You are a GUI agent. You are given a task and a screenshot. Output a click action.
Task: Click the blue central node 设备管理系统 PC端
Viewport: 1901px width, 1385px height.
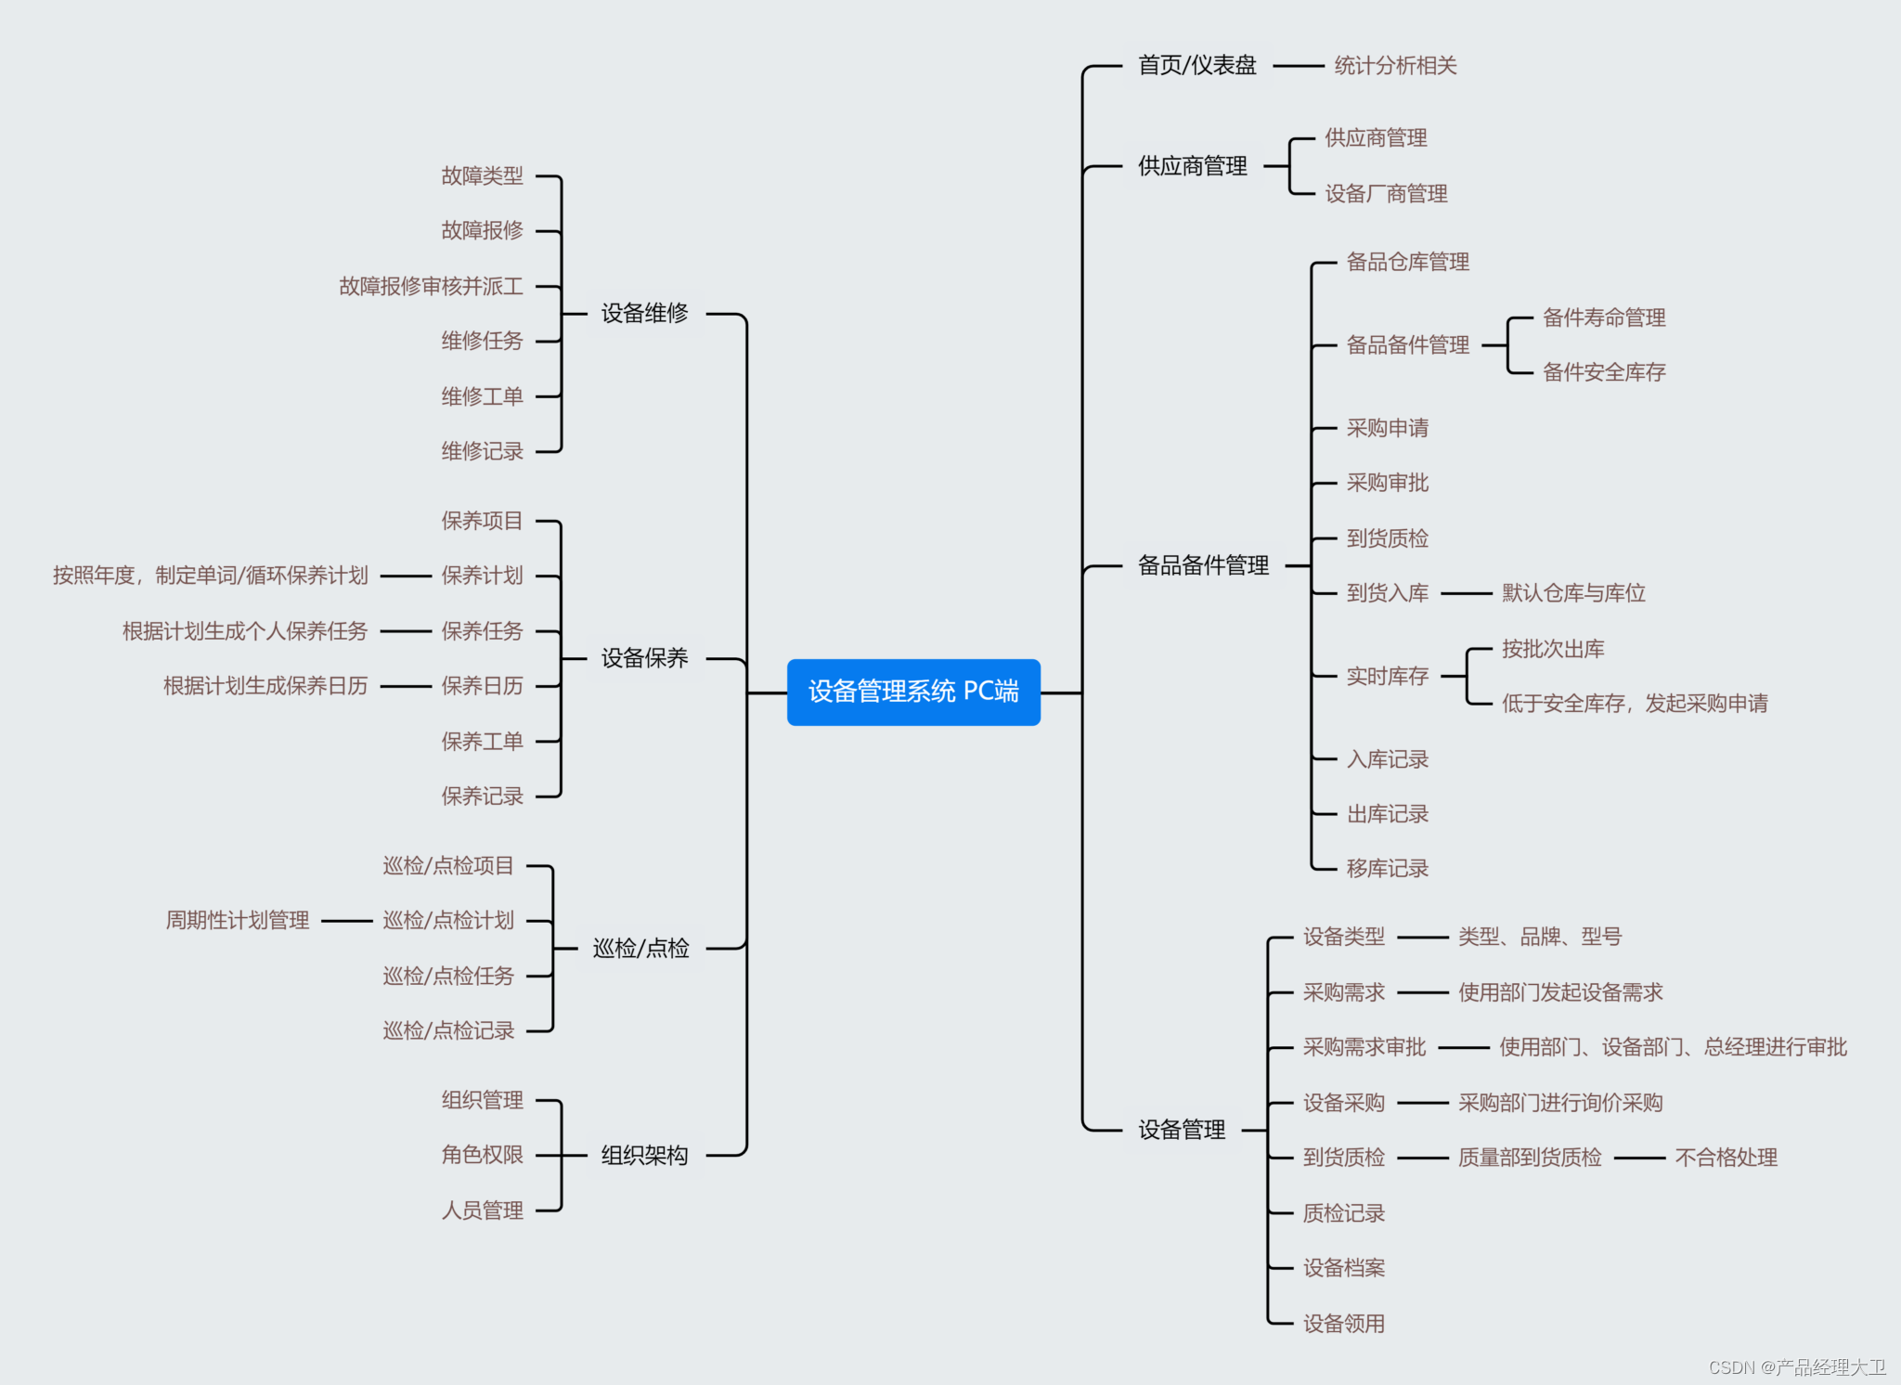click(913, 692)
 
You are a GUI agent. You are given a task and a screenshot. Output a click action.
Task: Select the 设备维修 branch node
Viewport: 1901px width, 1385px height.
click(644, 314)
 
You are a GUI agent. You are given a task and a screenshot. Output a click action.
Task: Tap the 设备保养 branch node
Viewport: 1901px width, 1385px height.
click(644, 658)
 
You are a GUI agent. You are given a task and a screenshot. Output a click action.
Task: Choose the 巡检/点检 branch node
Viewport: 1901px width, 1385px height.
click(640, 948)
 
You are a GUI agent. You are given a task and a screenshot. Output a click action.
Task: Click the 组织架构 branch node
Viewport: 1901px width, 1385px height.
click(644, 1155)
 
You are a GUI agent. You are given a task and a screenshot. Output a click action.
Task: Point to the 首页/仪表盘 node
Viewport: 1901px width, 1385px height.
click(1197, 66)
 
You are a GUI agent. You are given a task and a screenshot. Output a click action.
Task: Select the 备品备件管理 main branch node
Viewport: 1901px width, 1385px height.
click(1203, 565)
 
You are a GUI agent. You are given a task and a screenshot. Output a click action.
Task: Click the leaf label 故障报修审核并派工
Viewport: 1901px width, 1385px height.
click(431, 286)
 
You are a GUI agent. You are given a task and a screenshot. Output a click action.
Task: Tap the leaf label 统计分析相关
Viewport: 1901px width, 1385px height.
click(1395, 66)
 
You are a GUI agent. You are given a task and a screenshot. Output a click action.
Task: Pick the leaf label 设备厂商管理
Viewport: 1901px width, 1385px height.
click(1386, 194)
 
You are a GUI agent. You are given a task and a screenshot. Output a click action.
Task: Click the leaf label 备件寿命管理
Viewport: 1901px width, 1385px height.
click(1604, 317)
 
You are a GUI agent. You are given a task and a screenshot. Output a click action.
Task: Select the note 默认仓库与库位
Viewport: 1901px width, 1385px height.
click(1573, 593)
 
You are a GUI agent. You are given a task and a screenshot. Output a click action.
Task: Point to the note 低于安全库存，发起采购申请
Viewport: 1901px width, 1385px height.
click(1635, 704)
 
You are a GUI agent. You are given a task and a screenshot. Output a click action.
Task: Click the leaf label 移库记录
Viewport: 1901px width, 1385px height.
click(1388, 869)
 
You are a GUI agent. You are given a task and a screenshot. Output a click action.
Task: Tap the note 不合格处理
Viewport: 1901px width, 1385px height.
click(1726, 1158)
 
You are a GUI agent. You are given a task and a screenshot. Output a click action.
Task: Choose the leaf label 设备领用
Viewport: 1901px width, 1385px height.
click(1343, 1324)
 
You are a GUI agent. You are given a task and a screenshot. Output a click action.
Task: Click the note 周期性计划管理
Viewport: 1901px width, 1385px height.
click(238, 921)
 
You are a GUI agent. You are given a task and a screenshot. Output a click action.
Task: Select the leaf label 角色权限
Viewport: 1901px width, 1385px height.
click(482, 1155)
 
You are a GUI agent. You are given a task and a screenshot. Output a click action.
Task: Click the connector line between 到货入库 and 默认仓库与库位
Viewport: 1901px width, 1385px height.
click(1466, 593)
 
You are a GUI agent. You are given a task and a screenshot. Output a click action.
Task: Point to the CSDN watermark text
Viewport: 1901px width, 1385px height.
click(1796, 1367)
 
